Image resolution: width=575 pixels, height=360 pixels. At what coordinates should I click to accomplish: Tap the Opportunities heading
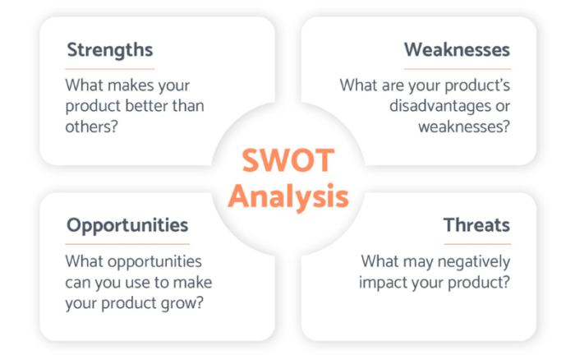tap(127, 224)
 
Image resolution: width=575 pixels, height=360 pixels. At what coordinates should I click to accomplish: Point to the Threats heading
tap(476, 224)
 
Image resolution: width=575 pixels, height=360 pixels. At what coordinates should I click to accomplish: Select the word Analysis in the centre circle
tap(287, 196)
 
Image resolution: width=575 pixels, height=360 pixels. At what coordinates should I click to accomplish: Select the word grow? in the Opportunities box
tap(183, 302)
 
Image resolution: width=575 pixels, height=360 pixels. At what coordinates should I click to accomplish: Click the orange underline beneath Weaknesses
tap(457, 68)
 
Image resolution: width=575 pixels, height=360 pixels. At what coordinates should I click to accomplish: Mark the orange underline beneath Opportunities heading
tap(127, 243)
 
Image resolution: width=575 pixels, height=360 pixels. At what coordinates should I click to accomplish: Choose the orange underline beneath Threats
tap(476, 243)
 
